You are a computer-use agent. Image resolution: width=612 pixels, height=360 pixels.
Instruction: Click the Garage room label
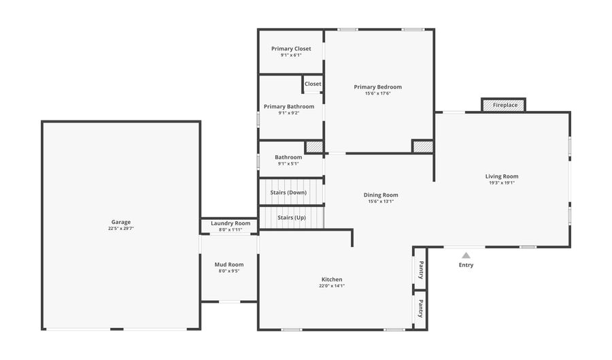pos(121,222)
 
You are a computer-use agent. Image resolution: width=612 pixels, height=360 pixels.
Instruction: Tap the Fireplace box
pos(505,105)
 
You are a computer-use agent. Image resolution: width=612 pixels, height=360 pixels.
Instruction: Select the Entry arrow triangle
pos(466,255)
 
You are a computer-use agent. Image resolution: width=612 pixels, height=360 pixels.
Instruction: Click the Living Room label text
pos(502,176)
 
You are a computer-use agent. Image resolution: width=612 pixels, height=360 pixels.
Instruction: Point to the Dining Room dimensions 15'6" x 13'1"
pos(381,201)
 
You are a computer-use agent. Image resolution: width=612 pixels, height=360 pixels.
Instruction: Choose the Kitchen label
pos(332,279)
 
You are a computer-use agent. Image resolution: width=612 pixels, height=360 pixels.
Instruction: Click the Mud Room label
pos(229,265)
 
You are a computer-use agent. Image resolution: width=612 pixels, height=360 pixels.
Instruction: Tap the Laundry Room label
pos(231,223)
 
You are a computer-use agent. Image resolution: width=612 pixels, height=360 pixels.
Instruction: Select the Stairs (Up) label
pos(292,218)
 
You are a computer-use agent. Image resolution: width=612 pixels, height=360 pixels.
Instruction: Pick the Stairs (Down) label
pos(288,193)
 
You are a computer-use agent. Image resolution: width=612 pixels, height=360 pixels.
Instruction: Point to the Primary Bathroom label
pos(289,106)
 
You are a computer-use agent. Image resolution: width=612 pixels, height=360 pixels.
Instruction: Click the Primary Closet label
pos(291,48)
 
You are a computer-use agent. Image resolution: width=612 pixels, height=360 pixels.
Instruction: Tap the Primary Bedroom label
pos(378,86)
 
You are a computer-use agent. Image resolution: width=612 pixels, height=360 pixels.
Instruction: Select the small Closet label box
pos(313,84)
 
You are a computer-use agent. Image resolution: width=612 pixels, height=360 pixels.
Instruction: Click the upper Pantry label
pos(421,269)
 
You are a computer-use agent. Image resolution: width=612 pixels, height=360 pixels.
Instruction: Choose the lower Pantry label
pos(421,308)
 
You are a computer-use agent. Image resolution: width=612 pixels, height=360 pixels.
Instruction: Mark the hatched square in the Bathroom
pos(313,146)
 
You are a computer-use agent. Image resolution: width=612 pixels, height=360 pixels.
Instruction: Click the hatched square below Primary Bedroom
pos(422,146)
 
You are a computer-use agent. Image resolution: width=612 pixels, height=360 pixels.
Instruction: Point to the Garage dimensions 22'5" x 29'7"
pos(121,229)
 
